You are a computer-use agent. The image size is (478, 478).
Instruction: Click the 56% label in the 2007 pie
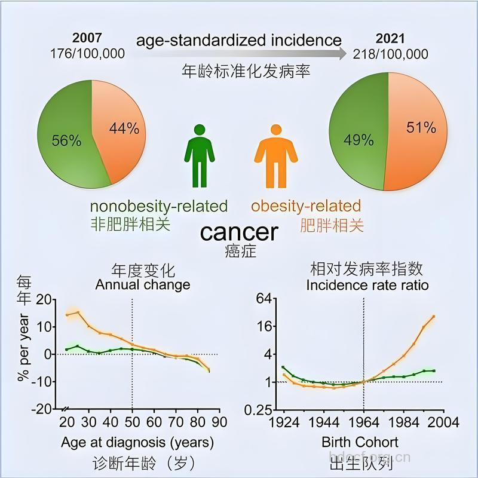coord(66,140)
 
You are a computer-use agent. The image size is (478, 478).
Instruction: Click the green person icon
coord(199,155)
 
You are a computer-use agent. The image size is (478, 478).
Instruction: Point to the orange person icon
coord(275,155)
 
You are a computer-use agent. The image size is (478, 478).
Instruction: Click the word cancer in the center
coord(239,232)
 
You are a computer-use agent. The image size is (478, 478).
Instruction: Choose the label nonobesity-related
coord(159,206)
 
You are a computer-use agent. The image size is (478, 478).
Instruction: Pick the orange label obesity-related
coord(306,206)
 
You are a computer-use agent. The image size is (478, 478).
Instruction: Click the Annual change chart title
coord(143,284)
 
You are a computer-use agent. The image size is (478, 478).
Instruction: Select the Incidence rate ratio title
coord(367,285)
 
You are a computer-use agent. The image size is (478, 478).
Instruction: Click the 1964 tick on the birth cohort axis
coord(363,423)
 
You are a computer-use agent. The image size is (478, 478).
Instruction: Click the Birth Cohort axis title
coord(360,443)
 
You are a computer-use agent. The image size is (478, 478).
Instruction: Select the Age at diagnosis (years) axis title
coord(137,443)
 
